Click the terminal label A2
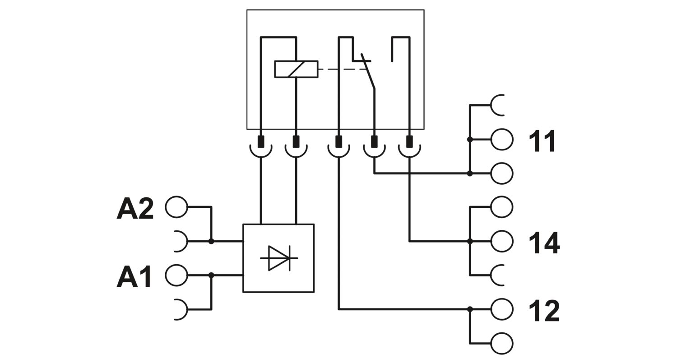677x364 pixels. pyautogui.click(x=135, y=208)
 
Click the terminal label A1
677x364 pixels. pyautogui.click(x=134, y=276)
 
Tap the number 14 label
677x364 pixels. pyautogui.click(x=544, y=243)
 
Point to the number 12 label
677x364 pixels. pyautogui.click(x=544, y=311)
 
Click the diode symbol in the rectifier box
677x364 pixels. pyautogui.click(x=279, y=258)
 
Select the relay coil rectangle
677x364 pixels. pyautogui.click(x=296, y=69)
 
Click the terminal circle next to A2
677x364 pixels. pyautogui.click(x=176, y=207)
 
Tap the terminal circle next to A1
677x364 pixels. pyautogui.click(x=176, y=275)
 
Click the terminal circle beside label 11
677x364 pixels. pyautogui.click(x=502, y=140)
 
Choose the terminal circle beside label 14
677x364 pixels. pyautogui.click(x=502, y=241)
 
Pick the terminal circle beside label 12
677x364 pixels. pyautogui.click(x=502, y=309)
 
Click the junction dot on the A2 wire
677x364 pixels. pyautogui.click(x=211, y=241)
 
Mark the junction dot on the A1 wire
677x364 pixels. pyautogui.click(x=211, y=275)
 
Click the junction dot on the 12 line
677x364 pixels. pyautogui.click(x=470, y=309)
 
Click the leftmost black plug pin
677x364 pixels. pyautogui.click(x=261, y=141)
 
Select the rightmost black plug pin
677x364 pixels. pyautogui.click(x=409, y=141)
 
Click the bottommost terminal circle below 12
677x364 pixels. pyautogui.click(x=502, y=344)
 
